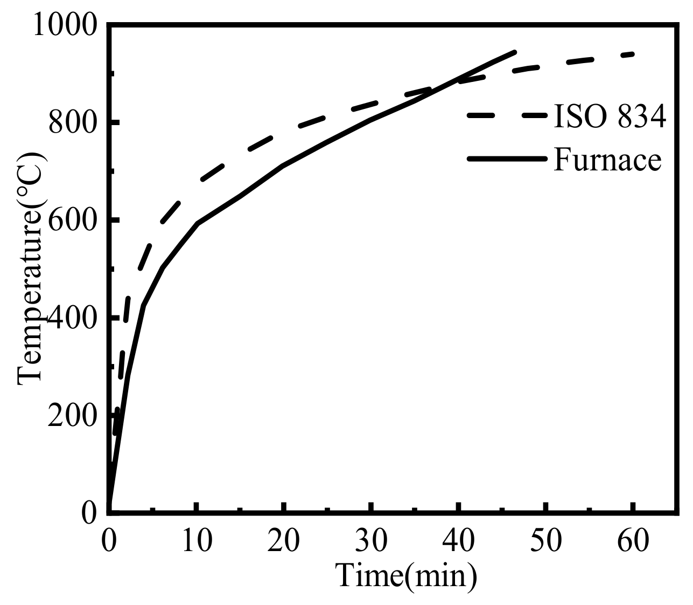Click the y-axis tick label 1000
tap(66, 25)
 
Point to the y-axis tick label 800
tap(73, 123)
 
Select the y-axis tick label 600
tap(73, 221)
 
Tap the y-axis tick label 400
tap(73, 318)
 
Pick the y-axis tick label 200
tap(73, 416)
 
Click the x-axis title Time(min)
tap(407, 575)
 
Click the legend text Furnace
tap(607, 160)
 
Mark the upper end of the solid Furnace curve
tap(515, 52)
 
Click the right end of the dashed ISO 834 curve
tap(633, 54)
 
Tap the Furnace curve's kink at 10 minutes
tap(198, 224)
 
